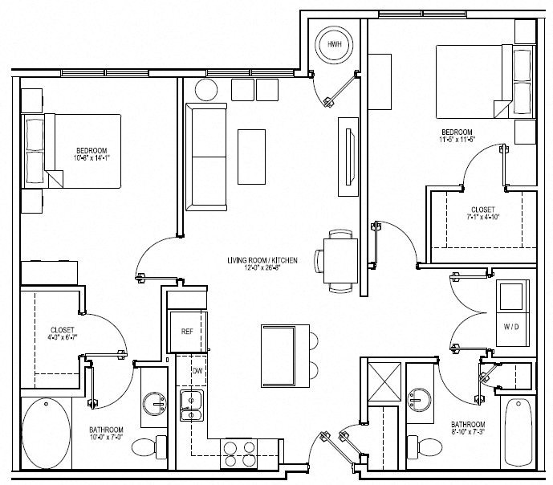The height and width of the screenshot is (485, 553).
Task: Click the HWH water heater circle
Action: tap(332, 45)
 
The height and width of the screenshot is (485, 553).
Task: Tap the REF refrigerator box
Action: tap(186, 330)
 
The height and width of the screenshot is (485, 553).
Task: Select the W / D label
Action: tap(510, 327)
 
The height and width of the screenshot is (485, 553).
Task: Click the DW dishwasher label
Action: tap(196, 370)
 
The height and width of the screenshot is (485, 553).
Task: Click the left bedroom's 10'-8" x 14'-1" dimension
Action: tap(92, 158)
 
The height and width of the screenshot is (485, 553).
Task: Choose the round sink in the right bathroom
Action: tap(418, 397)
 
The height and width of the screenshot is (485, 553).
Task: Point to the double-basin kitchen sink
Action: tap(191, 407)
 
